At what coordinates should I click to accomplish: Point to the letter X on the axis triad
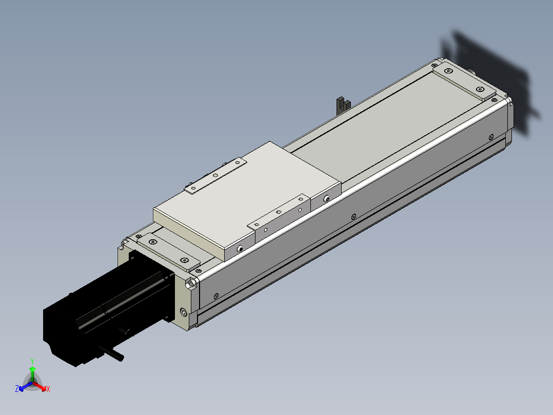click(x=48, y=389)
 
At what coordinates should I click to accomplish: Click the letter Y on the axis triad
click(x=32, y=361)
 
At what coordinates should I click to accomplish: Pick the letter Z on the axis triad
click(x=17, y=389)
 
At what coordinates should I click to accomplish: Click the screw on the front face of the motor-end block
click(x=184, y=312)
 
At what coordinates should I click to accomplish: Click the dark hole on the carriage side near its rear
click(x=326, y=198)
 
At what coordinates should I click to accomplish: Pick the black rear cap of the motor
click(x=62, y=334)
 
